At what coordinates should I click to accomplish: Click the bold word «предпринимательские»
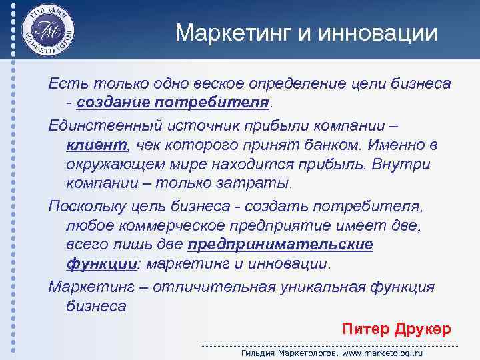281,245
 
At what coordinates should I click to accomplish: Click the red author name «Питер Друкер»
396,329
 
